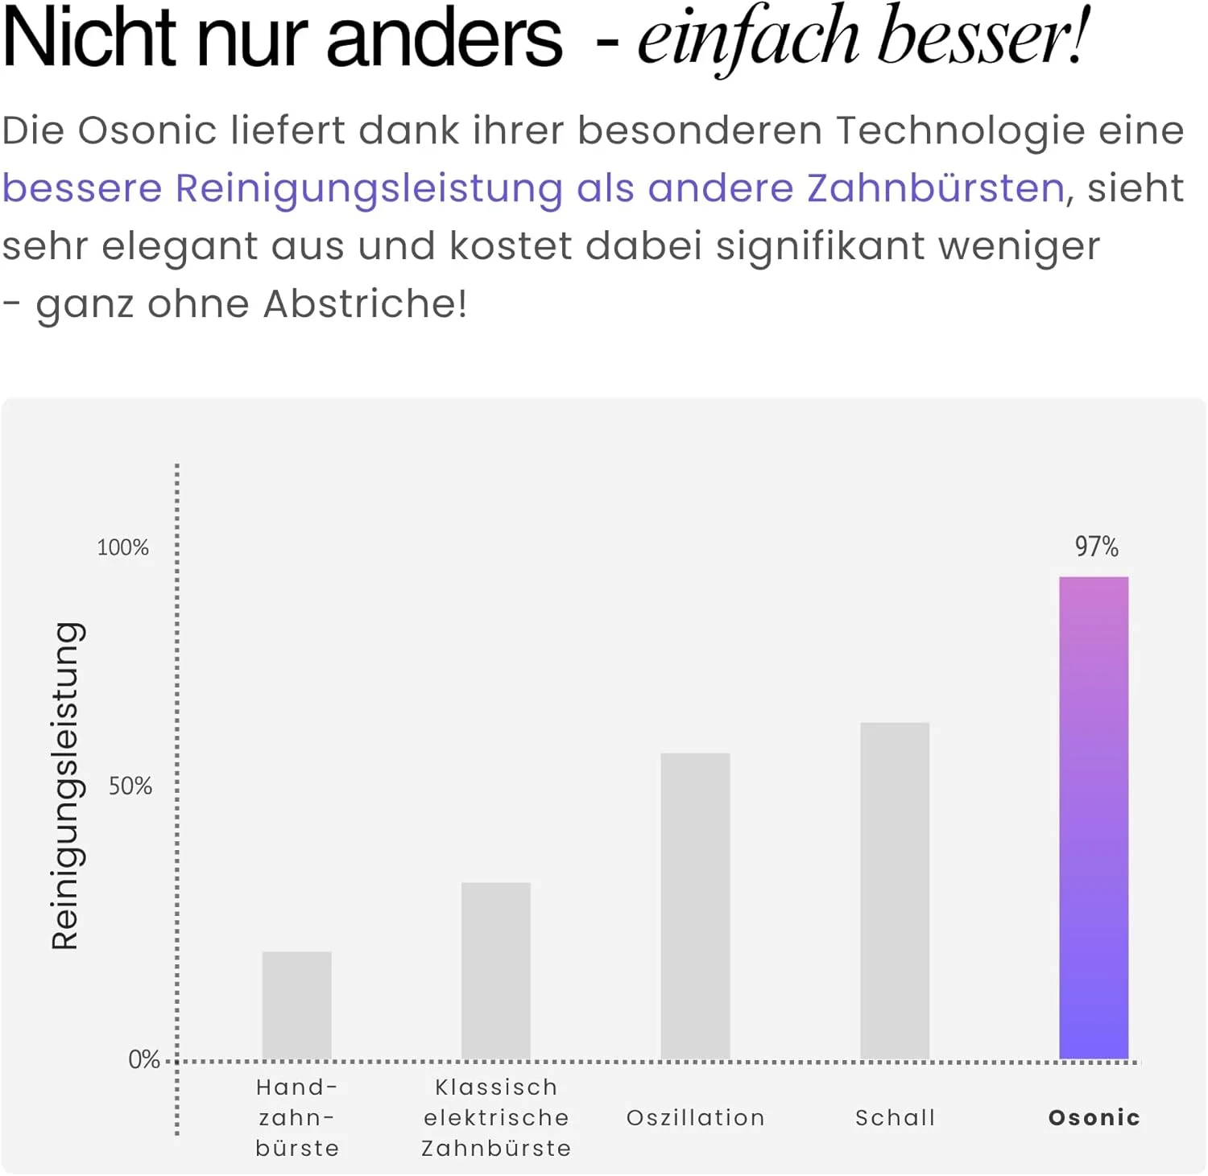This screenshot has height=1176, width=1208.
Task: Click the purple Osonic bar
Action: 1094,817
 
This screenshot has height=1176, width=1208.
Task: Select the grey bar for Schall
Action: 895,890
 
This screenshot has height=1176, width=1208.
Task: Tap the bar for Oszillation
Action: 695,906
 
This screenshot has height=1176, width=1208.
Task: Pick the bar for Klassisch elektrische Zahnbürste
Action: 496,970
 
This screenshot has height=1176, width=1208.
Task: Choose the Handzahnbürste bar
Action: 296,1005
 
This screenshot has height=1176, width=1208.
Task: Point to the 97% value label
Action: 1096,547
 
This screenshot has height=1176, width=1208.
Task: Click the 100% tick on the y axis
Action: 123,548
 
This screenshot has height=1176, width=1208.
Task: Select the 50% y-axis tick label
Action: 130,786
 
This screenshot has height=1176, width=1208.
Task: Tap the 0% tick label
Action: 144,1059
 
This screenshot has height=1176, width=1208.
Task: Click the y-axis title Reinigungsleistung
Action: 66,786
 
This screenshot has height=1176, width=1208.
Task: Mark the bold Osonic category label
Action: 1094,1117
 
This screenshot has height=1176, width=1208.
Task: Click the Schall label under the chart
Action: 895,1117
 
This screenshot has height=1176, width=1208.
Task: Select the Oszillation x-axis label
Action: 695,1117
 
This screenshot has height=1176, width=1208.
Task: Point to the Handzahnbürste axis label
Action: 296,1117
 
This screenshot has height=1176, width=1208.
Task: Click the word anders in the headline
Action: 444,39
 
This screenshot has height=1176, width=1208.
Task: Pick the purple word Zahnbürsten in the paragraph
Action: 936,188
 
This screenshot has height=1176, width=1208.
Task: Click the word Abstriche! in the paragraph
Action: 365,304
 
